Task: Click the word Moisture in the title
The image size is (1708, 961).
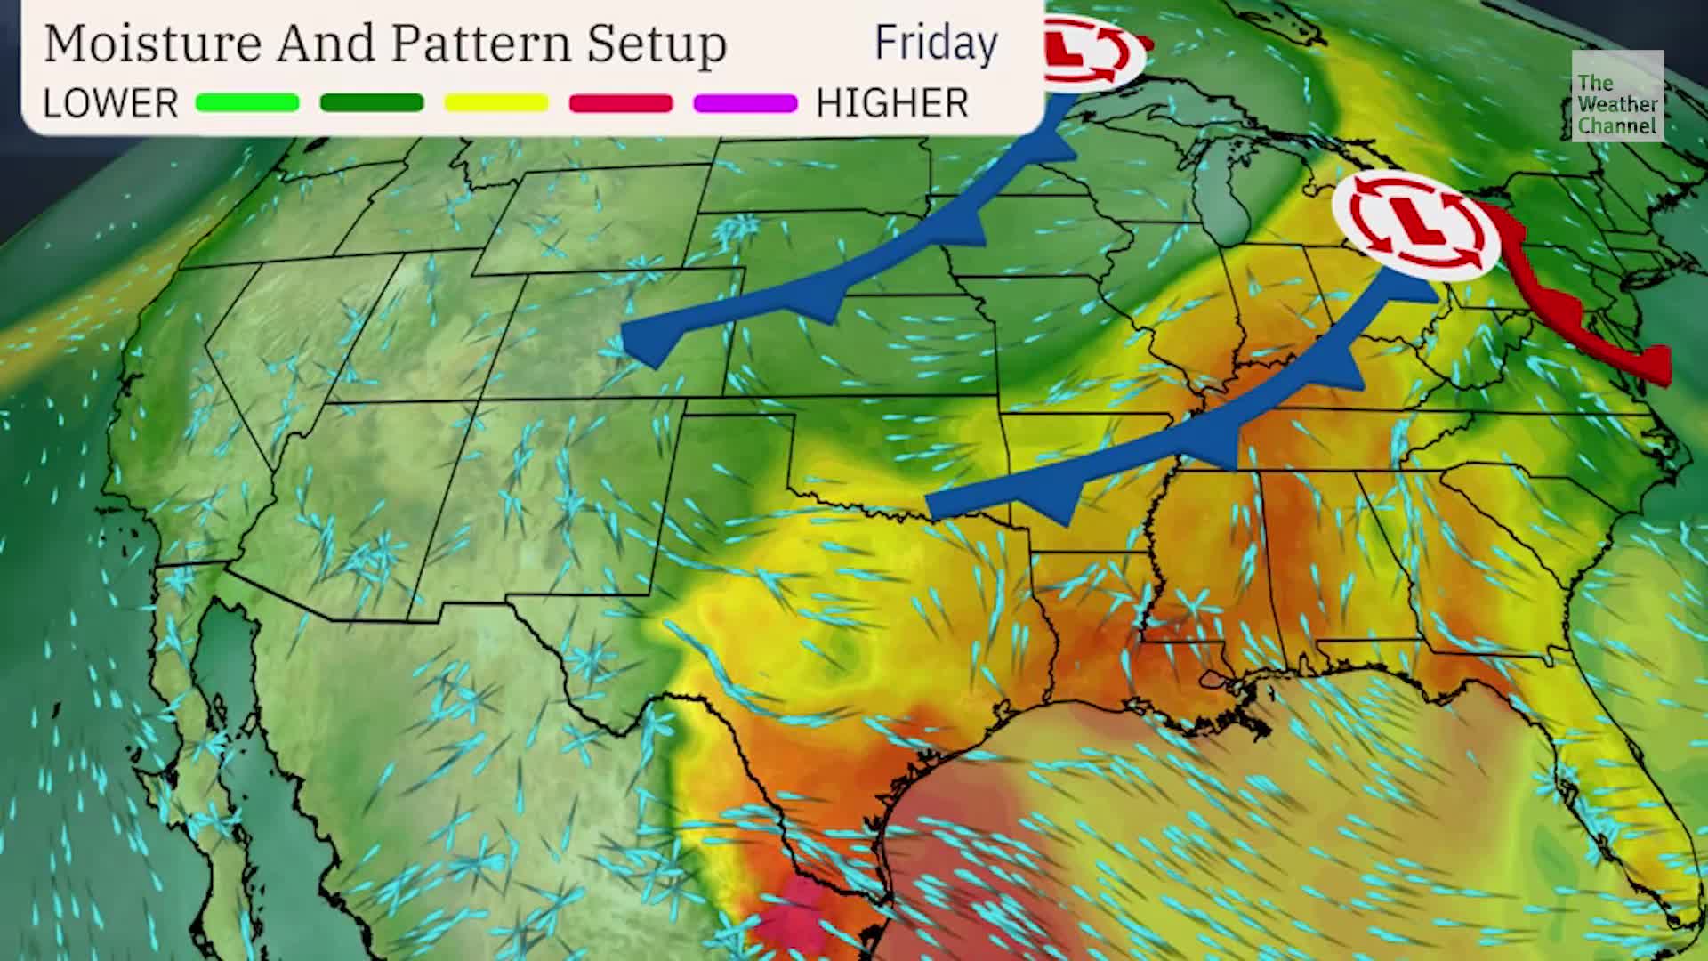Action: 152,43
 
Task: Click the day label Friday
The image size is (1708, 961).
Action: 936,43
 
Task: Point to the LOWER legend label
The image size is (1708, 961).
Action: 110,104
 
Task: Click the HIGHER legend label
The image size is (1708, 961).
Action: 892,104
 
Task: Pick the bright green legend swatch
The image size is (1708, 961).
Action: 247,103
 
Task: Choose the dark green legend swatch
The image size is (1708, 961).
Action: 372,103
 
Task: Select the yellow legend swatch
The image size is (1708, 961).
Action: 496,103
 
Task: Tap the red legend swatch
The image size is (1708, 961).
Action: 621,103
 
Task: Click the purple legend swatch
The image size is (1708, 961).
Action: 745,103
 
